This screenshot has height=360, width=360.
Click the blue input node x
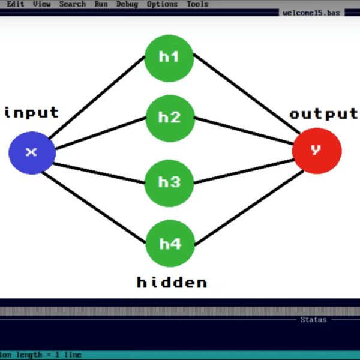(x=32, y=152)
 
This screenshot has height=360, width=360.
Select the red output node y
(x=317, y=150)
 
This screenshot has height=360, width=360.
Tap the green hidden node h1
(x=169, y=57)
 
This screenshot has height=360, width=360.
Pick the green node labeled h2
(x=170, y=117)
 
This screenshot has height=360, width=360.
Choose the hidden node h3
(x=170, y=182)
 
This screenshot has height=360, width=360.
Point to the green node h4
(x=170, y=244)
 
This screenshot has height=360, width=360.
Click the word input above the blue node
(x=32, y=112)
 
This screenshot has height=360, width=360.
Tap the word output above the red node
(x=323, y=114)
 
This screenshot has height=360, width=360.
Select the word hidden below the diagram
(x=172, y=282)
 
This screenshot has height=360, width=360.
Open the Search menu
(x=73, y=4)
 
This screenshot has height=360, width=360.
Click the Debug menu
(x=127, y=4)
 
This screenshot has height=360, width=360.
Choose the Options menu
(x=163, y=4)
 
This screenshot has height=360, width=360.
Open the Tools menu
(x=197, y=4)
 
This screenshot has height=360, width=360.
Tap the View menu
(x=42, y=4)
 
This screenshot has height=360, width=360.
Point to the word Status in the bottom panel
(x=314, y=320)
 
